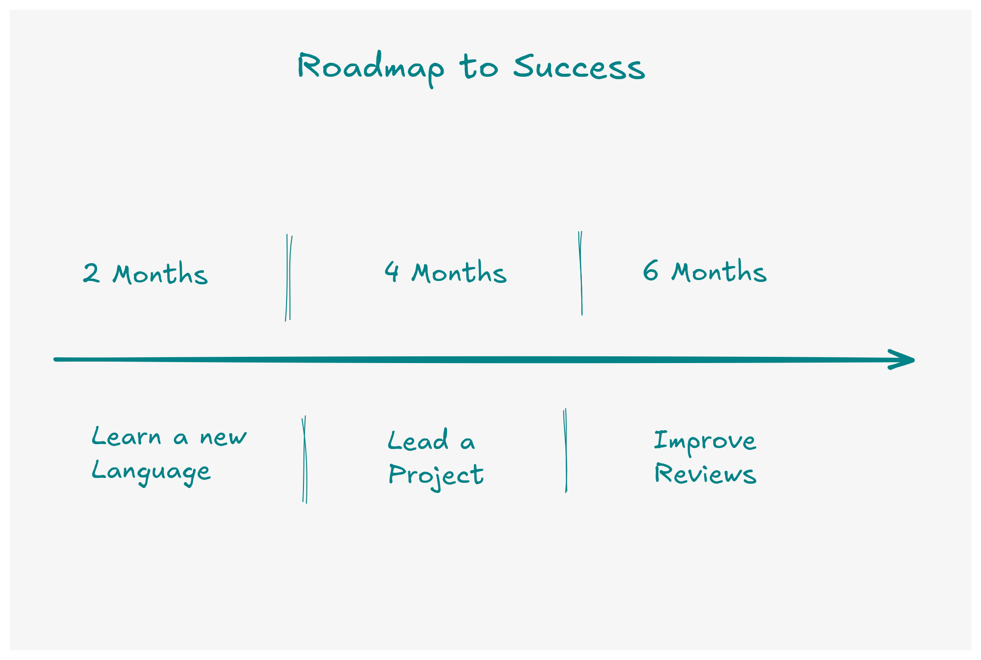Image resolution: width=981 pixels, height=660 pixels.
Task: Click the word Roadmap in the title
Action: pos(370,68)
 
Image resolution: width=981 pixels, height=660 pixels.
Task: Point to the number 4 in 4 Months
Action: pos(392,271)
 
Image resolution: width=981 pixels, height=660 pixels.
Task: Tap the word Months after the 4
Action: pos(459,273)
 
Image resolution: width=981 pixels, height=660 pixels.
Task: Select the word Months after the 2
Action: pos(160,274)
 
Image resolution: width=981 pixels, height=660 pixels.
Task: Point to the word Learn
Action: pos(126,436)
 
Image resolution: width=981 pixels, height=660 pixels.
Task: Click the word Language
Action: pos(151,471)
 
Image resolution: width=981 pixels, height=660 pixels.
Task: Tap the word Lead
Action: pos(418,440)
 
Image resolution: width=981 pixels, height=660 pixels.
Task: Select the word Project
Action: pos(436,475)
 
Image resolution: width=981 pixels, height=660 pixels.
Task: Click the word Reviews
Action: pos(705,474)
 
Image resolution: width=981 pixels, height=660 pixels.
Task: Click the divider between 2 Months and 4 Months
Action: pos(289,278)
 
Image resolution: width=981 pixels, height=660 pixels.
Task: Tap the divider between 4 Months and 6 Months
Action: pos(581,273)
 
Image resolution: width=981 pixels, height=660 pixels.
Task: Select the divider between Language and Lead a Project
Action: pos(304,459)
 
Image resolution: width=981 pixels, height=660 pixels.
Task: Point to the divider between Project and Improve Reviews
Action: pos(565,450)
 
